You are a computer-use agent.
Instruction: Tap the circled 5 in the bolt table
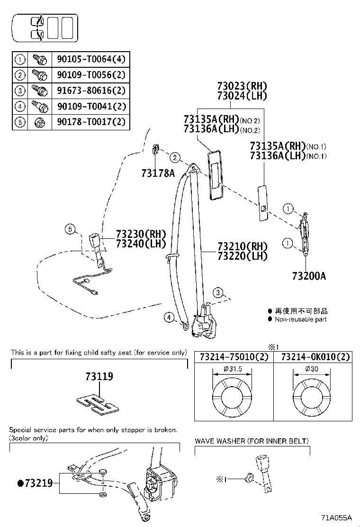[x=20, y=122]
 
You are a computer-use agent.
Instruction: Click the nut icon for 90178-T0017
[x=40, y=122]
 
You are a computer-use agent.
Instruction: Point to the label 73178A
[x=158, y=173]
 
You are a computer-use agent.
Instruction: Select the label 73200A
[x=309, y=276]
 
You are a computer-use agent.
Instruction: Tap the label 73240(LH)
[x=141, y=244]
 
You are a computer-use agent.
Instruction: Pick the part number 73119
[x=99, y=377]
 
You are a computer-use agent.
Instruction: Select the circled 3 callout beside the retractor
[x=217, y=292]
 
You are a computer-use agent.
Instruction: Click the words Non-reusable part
[x=300, y=319]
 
